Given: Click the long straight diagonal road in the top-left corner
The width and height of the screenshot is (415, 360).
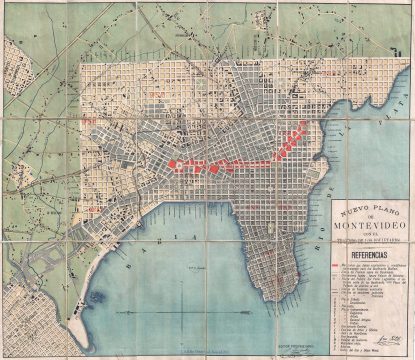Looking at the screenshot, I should (x=40, y=40).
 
